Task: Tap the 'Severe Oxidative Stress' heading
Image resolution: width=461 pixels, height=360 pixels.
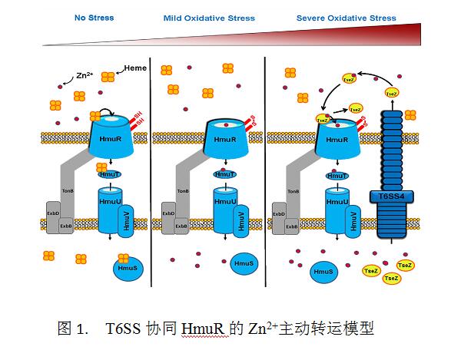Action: click(347, 18)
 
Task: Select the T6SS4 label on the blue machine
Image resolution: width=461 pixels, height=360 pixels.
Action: click(391, 196)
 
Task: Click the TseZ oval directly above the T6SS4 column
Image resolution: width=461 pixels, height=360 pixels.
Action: click(392, 93)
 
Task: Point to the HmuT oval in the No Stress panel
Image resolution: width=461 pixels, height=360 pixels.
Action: click(110, 175)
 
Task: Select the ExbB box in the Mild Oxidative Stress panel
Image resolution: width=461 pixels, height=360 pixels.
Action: click(182, 226)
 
